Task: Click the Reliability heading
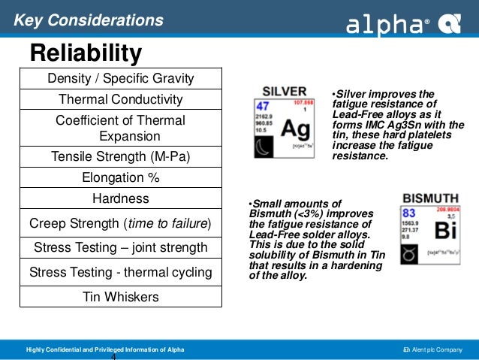point(85,53)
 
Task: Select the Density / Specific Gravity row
point(121,78)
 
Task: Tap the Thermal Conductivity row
point(121,99)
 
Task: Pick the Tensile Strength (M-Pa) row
point(121,157)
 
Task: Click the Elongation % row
point(121,178)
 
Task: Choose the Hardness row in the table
point(121,199)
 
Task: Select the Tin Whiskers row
point(121,297)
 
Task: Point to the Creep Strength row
point(121,224)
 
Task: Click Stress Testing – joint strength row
point(121,247)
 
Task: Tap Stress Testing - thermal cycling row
point(121,272)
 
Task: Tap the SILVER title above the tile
point(285,89)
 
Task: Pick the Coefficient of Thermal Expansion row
point(121,128)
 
